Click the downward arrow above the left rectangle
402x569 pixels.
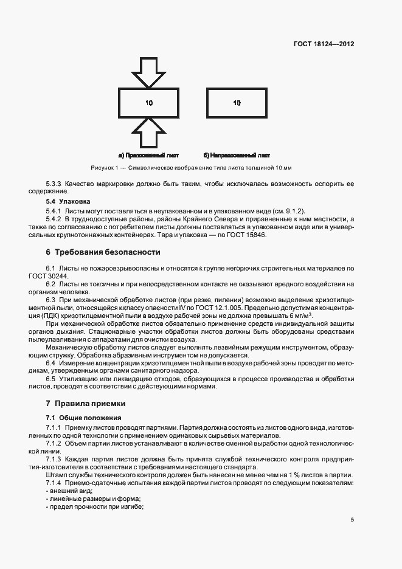coord(148,72)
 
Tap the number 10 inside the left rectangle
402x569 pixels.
coord(149,103)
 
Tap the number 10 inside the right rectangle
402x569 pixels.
coord(237,103)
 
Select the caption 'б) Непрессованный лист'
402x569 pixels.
coord(237,155)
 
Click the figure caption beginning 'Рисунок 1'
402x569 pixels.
coord(191,168)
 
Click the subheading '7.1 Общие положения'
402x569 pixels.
coord(83,418)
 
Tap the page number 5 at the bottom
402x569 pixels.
coord(352,519)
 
